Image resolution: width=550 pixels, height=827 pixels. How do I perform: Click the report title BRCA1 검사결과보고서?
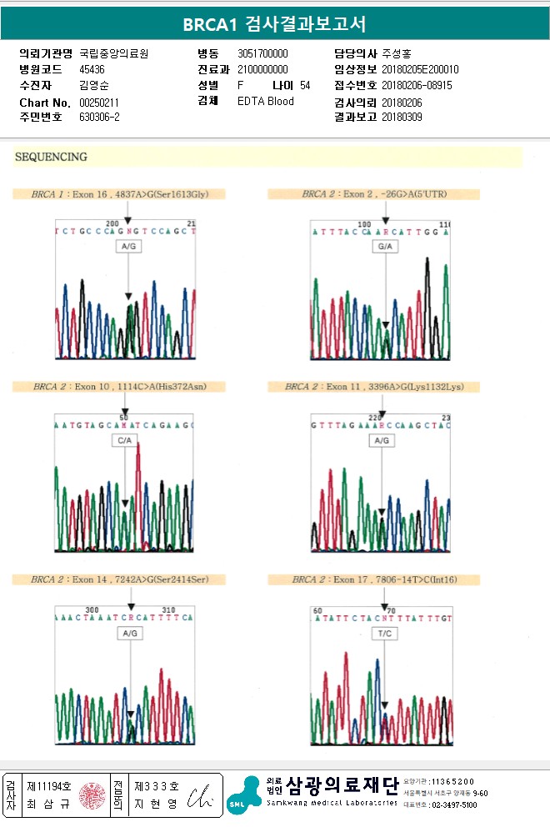[x=274, y=24]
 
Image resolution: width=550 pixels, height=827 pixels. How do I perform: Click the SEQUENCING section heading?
[x=51, y=157]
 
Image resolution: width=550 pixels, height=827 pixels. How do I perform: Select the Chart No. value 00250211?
[x=99, y=103]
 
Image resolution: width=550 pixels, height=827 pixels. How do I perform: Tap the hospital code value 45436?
[x=92, y=69]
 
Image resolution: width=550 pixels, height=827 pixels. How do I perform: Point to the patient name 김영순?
[x=93, y=86]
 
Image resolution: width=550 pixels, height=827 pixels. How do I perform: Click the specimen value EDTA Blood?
[x=265, y=102]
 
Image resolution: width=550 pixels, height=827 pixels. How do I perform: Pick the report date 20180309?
[x=402, y=118]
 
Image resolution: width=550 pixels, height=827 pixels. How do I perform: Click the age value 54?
[x=305, y=86]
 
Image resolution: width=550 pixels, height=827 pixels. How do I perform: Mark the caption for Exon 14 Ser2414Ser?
[x=119, y=579]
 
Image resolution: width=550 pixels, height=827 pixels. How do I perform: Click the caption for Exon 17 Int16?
[x=375, y=579]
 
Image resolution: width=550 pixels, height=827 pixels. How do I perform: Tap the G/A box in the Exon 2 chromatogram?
[x=386, y=248]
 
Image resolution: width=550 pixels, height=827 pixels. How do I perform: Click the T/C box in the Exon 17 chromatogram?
[x=384, y=633]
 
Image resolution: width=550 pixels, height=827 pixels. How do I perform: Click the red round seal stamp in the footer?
[x=93, y=796]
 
